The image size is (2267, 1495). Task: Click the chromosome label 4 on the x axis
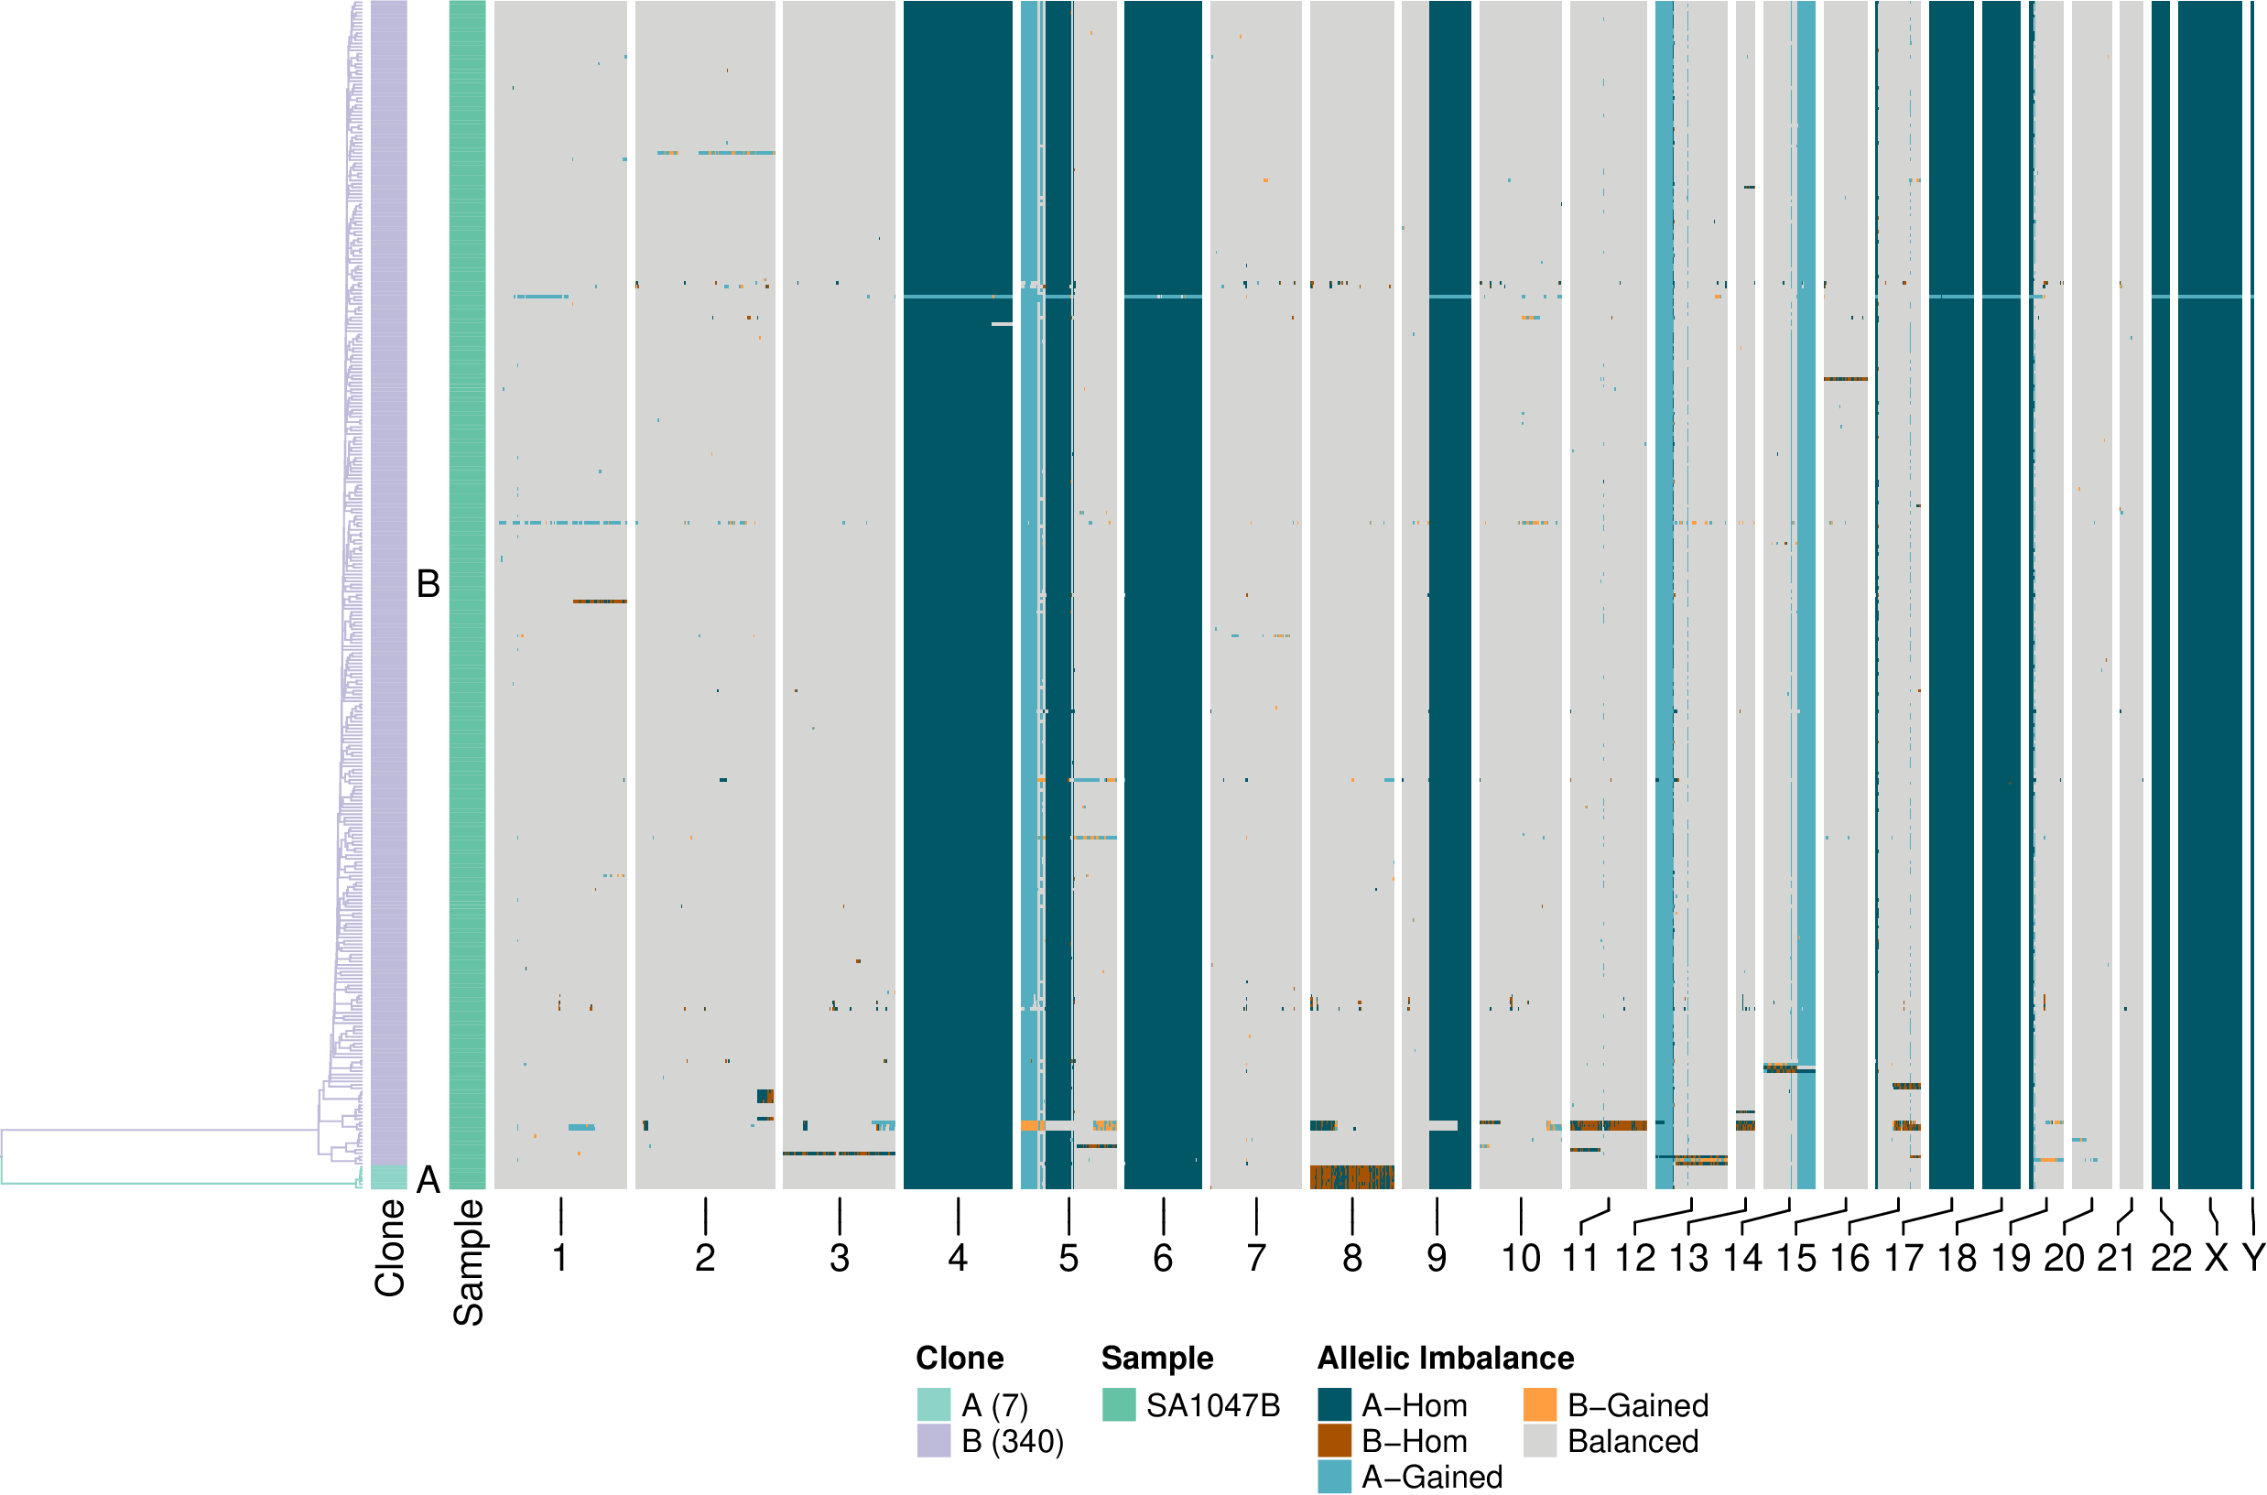pyautogui.click(x=957, y=1259)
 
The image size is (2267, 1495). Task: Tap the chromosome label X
pyautogui.click(x=2217, y=1259)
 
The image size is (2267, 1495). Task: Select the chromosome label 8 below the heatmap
pyautogui.click(x=1351, y=1259)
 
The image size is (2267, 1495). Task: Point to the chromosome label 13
pyautogui.click(x=1688, y=1259)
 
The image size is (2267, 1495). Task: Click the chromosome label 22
pyautogui.click(x=2171, y=1259)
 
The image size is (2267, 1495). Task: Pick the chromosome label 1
pyautogui.click(x=560, y=1259)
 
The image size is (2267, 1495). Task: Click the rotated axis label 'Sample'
pyautogui.click(x=468, y=1262)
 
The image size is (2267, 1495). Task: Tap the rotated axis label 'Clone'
pyautogui.click(x=390, y=1248)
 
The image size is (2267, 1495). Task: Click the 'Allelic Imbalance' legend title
pyautogui.click(x=1445, y=1358)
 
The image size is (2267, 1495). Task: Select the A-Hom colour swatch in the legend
pyautogui.click(x=1334, y=1404)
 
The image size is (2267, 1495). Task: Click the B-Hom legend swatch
pyautogui.click(x=1334, y=1441)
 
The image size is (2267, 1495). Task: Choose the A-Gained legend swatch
pyautogui.click(x=1334, y=1476)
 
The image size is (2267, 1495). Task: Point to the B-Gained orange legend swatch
pyautogui.click(x=1540, y=1404)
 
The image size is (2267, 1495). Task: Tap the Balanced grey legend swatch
pyautogui.click(x=1540, y=1441)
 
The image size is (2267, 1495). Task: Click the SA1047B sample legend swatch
pyautogui.click(x=1118, y=1404)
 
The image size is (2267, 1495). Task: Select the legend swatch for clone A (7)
pyautogui.click(x=933, y=1404)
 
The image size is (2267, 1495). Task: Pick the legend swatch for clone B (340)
pyautogui.click(x=933, y=1441)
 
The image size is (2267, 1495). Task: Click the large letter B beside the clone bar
pyautogui.click(x=428, y=583)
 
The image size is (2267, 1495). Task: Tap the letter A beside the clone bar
pyautogui.click(x=428, y=1179)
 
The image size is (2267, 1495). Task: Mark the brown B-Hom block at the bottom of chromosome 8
pyautogui.click(x=1351, y=1176)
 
